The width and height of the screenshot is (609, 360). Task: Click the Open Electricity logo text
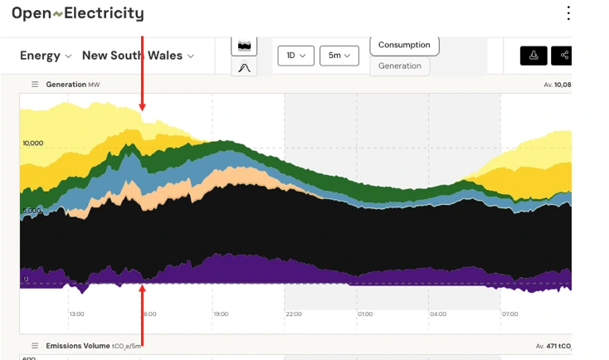(77, 13)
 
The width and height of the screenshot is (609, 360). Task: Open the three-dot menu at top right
(568, 13)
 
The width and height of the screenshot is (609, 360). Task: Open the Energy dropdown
(46, 56)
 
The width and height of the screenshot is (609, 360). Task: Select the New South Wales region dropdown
(138, 56)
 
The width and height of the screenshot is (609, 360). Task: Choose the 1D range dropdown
(295, 56)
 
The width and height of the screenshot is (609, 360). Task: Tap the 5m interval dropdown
(339, 56)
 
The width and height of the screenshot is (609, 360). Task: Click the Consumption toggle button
(404, 45)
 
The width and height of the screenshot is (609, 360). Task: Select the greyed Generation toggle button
(400, 66)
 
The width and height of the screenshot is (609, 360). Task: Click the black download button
(533, 56)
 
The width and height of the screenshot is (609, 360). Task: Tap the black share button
(563, 56)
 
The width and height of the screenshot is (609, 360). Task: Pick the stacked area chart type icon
(244, 45)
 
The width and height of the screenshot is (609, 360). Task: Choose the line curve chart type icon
(244, 67)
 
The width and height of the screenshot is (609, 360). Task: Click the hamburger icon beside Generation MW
(35, 85)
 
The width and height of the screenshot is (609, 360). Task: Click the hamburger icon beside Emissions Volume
(35, 345)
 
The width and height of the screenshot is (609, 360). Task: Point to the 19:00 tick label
(221, 314)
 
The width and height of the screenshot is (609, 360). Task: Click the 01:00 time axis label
(365, 314)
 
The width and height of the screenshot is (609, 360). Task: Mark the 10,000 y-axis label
(32, 143)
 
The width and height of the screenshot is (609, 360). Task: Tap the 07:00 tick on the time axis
(509, 314)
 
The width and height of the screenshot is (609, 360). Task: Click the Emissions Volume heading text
(79, 345)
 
